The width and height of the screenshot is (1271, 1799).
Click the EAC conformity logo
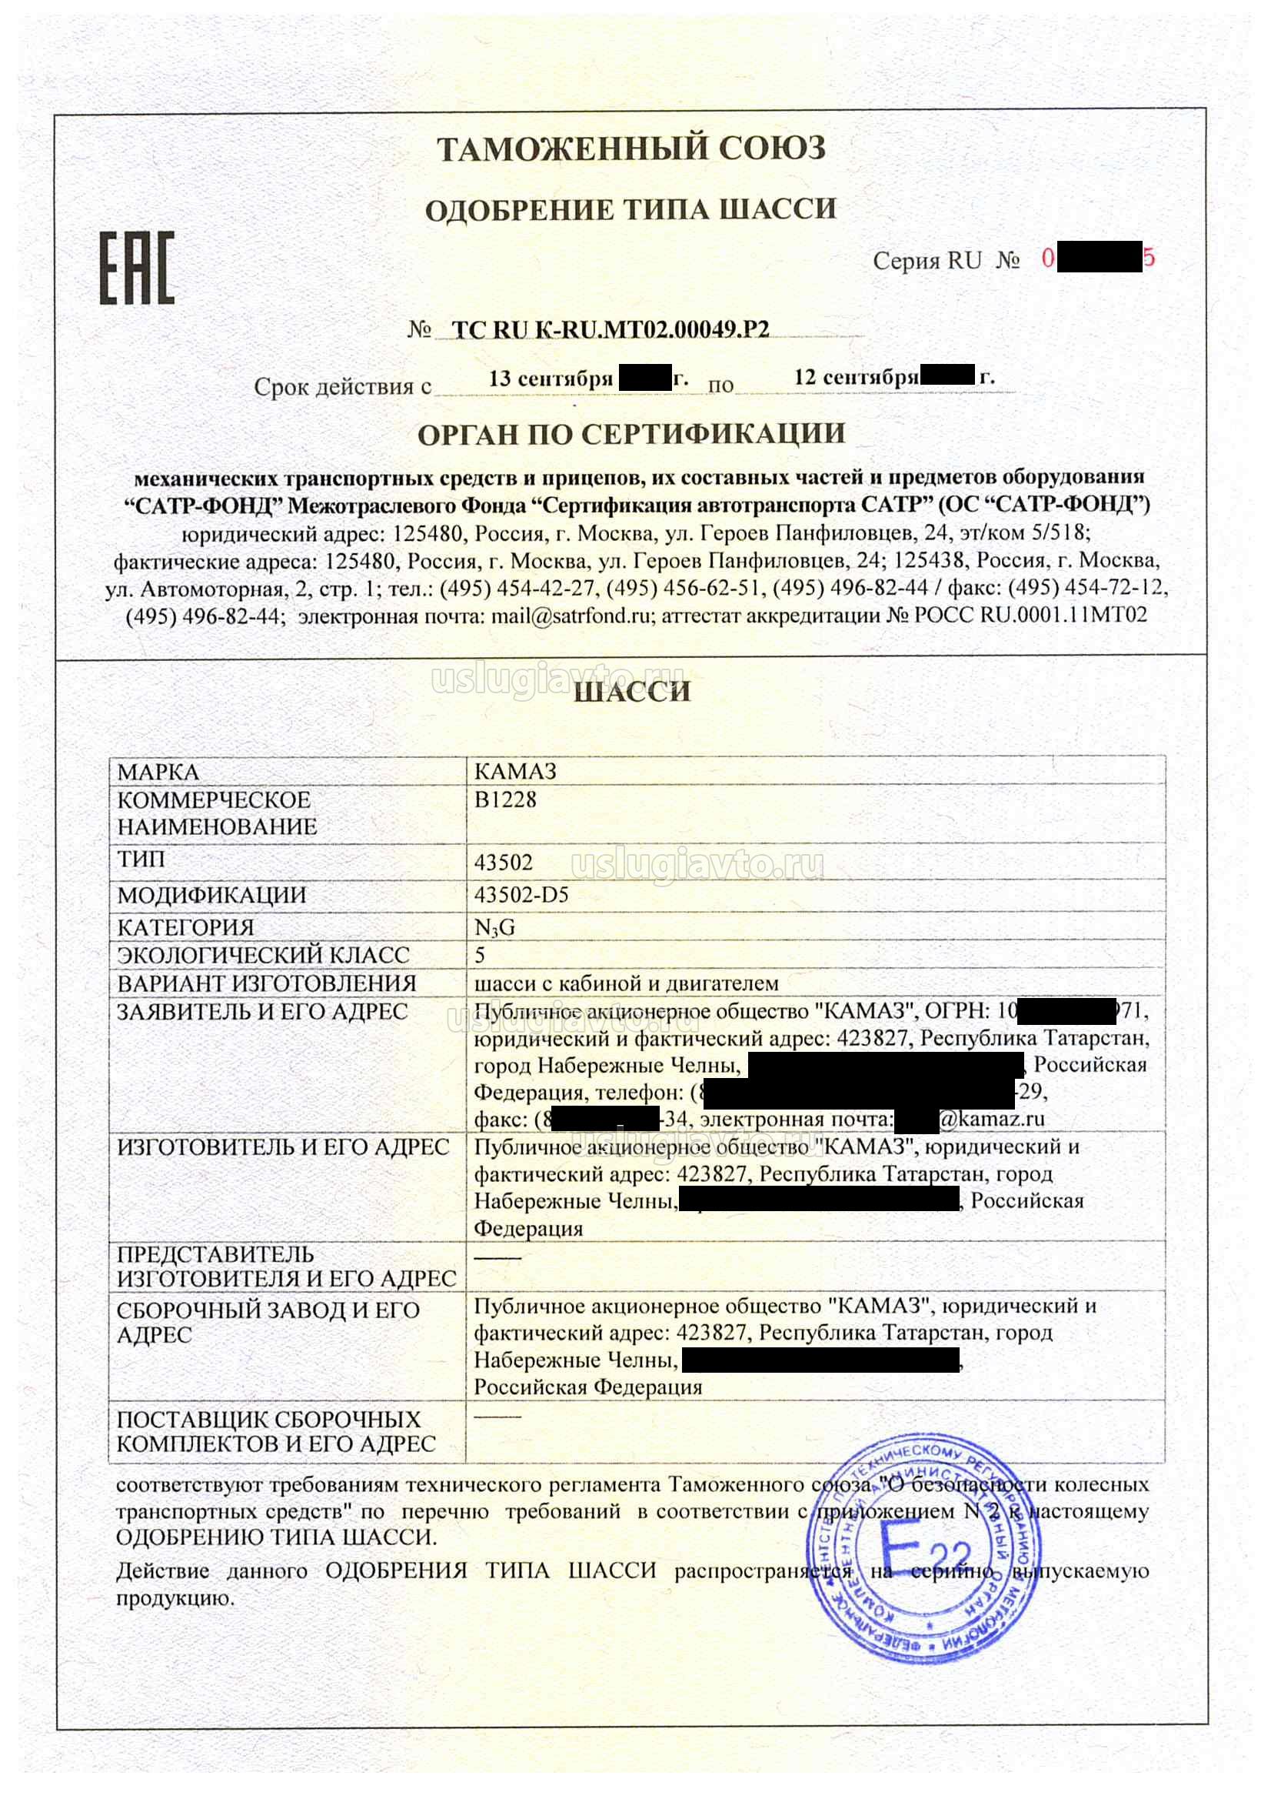tap(137, 267)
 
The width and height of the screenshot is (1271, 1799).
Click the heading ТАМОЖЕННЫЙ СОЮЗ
tap(631, 148)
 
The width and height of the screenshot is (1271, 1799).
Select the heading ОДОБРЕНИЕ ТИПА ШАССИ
tap(631, 209)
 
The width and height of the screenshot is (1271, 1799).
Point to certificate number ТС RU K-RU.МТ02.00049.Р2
tap(611, 330)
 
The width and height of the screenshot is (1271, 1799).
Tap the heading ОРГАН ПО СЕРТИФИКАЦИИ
tap(631, 433)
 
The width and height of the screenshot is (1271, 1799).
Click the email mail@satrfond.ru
tap(571, 616)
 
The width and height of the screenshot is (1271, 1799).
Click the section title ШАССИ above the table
tap(632, 692)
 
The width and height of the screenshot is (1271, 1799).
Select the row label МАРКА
tap(158, 772)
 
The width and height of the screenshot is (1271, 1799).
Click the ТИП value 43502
tap(504, 863)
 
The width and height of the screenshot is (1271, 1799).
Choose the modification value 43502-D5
tap(521, 895)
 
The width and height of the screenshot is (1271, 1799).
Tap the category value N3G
tap(495, 928)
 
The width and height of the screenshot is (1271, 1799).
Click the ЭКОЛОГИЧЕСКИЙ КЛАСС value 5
tap(480, 955)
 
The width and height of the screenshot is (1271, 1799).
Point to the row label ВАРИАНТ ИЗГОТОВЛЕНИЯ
tap(266, 983)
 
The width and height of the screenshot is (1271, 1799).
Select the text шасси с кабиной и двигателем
tap(627, 983)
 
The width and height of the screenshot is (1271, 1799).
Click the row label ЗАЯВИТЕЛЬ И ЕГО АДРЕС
tap(262, 1012)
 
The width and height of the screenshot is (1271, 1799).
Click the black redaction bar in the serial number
tap(1098, 259)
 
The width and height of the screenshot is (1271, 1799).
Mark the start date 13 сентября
tap(551, 379)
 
